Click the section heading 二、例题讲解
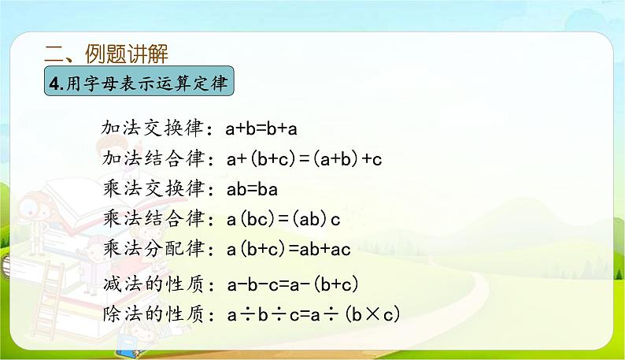pyautogui.click(x=106, y=54)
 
